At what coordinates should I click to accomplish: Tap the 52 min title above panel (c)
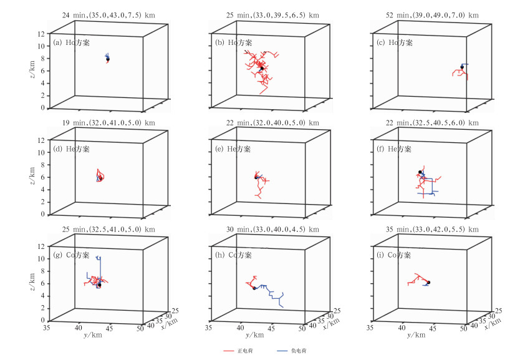click(418, 15)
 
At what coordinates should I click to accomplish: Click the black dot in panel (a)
click(108, 59)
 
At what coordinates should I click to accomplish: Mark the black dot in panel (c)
click(462, 67)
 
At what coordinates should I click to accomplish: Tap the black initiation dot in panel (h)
click(254, 288)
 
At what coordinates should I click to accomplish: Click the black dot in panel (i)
click(428, 283)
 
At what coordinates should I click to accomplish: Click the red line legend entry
click(234, 351)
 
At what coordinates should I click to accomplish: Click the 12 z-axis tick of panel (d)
click(43, 140)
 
